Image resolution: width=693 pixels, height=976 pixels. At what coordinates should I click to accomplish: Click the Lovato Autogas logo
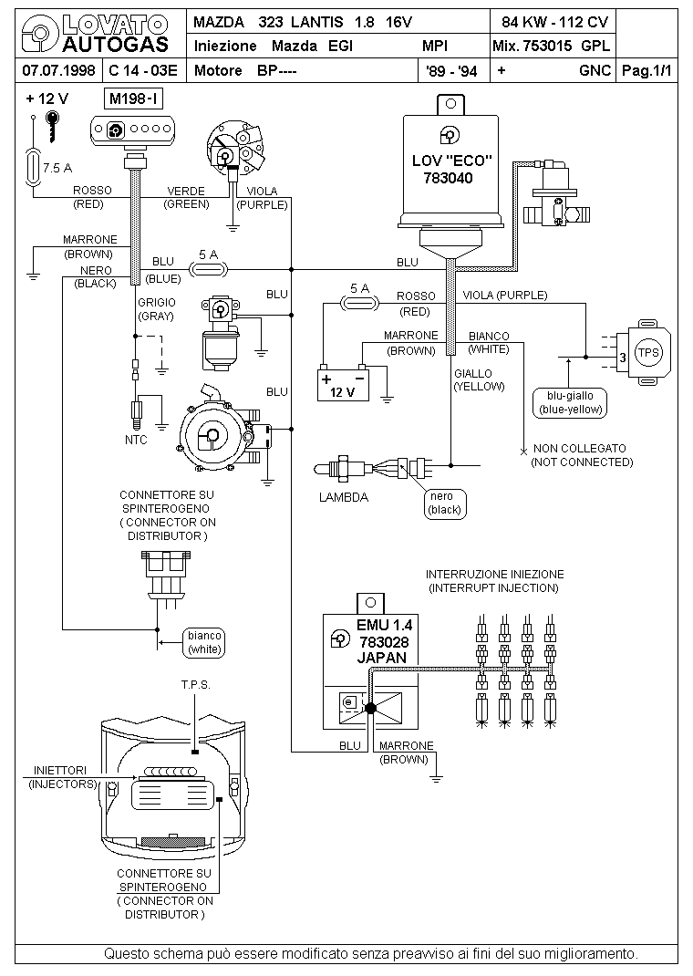(95, 35)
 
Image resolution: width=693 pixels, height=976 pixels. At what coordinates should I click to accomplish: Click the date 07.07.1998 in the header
(58, 70)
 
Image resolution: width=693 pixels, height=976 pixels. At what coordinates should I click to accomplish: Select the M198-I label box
(134, 99)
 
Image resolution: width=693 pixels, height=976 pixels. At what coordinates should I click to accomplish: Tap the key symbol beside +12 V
(53, 127)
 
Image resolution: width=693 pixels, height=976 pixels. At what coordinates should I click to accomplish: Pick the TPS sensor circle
(648, 352)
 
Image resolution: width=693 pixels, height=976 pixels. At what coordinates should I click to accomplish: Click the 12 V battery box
(343, 384)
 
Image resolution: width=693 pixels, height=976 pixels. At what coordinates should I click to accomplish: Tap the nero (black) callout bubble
(445, 503)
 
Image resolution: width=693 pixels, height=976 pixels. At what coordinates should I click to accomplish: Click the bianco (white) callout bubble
(204, 642)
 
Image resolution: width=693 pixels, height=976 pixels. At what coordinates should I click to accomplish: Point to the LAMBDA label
(344, 497)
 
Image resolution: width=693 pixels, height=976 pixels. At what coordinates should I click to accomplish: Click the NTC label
(136, 440)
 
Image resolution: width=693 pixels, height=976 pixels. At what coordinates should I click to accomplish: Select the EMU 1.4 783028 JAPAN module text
(383, 641)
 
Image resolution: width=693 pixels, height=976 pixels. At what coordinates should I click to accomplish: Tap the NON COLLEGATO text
(580, 448)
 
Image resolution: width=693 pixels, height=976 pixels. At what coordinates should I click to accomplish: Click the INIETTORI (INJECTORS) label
(62, 777)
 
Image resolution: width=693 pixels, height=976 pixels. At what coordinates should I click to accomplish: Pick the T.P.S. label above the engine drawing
(196, 685)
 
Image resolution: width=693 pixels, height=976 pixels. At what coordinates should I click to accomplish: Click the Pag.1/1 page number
(647, 70)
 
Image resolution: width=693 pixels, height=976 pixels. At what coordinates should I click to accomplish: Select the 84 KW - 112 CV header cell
(554, 23)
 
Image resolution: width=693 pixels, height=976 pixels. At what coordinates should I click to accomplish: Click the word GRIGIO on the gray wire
(157, 303)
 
